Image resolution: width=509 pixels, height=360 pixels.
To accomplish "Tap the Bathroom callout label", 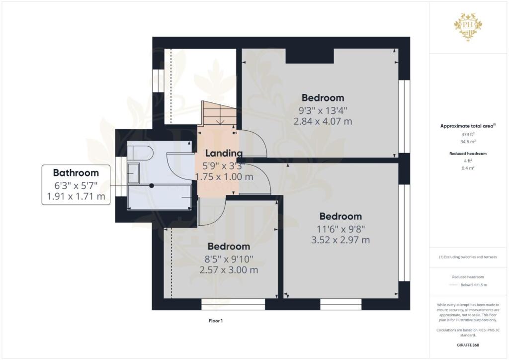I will click(x=76, y=185).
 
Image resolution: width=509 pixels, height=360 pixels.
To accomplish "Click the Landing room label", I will click(x=224, y=154).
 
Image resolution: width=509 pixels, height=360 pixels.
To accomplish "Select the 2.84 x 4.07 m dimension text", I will click(x=323, y=121).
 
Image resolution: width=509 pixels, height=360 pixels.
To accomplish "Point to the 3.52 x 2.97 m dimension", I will click(x=340, y=240).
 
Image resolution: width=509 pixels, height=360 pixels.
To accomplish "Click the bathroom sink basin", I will click(x=133, y=173).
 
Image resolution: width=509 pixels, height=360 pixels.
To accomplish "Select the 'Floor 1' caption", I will click(x=216, y=321).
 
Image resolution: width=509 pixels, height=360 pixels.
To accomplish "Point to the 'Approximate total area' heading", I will click(x=467, y=126).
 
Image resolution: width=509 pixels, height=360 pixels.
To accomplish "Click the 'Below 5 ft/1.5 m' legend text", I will click(x=474, y=285).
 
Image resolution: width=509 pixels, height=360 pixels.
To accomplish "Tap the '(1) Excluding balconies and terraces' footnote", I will click(x=467, y=257).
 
